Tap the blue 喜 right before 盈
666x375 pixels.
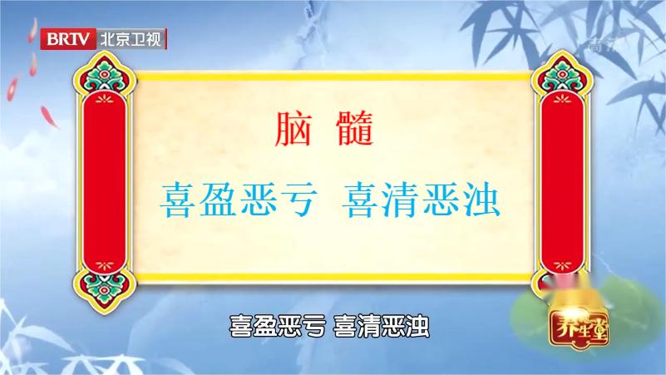click(179, 197)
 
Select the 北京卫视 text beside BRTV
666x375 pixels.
click(131, 38)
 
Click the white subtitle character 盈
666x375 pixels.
click(265, 325)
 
